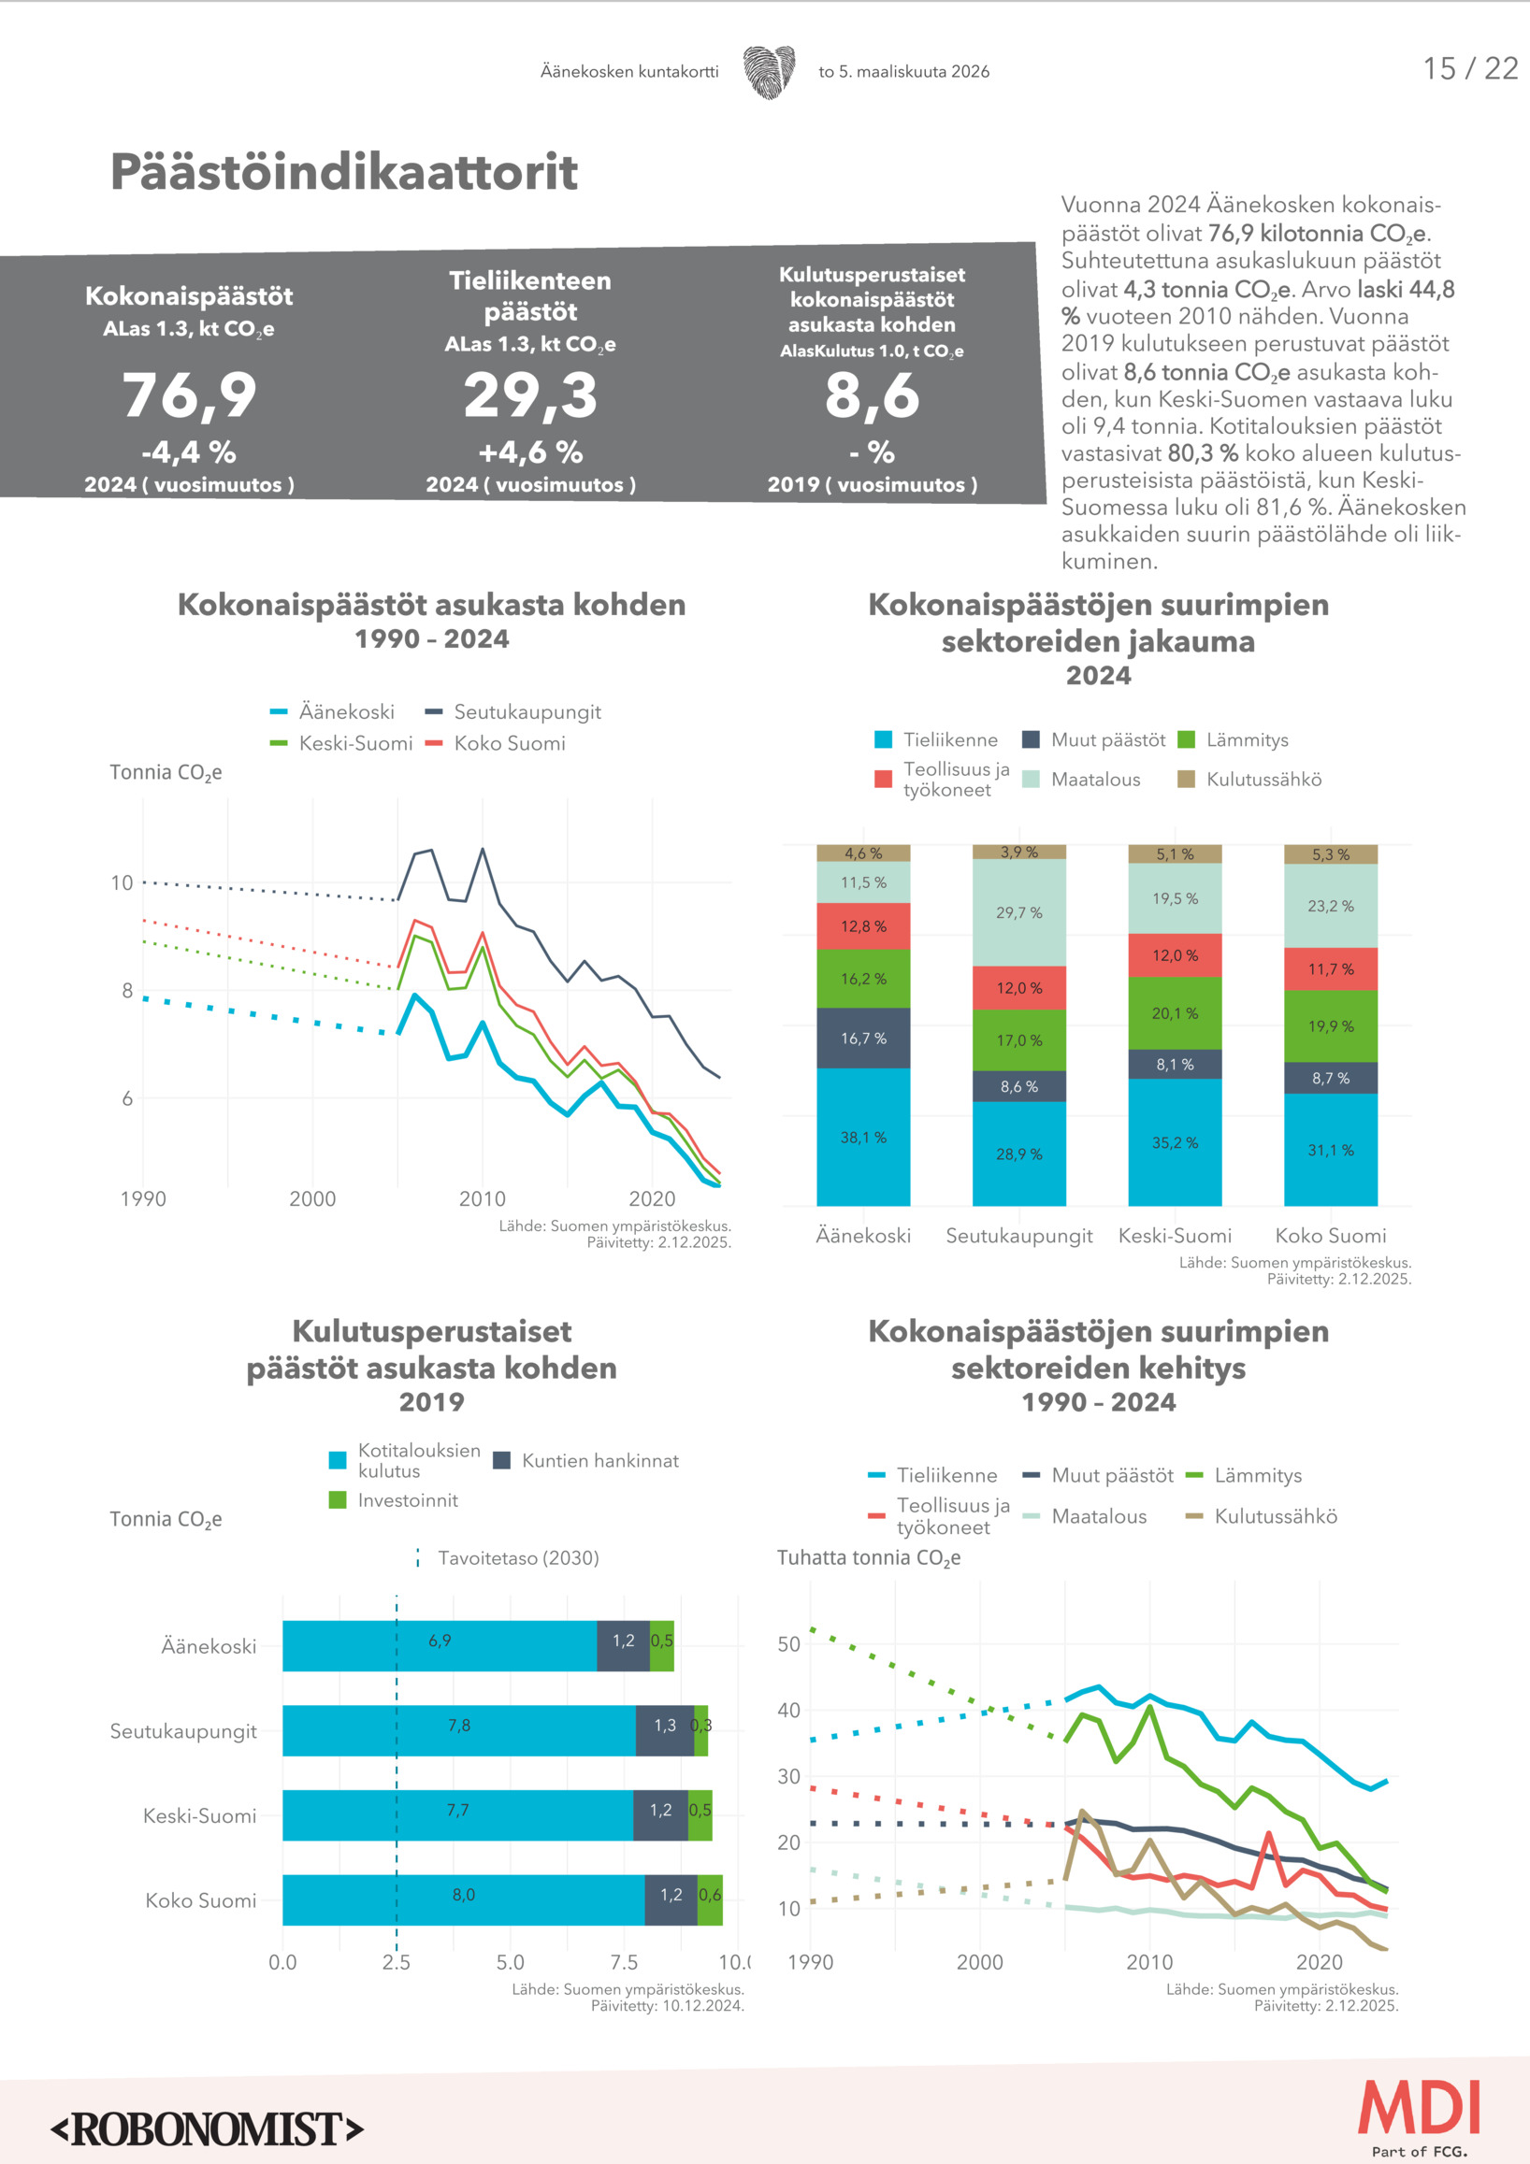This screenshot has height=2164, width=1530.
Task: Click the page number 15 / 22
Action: click(x=1468, y=69)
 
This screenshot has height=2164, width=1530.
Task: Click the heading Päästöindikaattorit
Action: click(x=344, y=173)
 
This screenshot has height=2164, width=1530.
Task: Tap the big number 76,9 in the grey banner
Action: click(x=190, y=394)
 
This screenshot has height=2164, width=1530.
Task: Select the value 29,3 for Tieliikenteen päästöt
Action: click(x=530, y=394)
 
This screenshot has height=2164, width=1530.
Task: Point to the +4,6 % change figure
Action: click(x=530, y=453)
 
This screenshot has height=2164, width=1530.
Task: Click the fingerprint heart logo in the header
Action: click(x=769, y=72)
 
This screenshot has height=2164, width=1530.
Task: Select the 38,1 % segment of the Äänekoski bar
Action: click(x=863, y=1138)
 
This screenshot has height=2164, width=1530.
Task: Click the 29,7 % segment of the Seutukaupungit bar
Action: click(x=1019, y=912)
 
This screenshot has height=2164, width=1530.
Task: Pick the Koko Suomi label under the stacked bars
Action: click(x=1330, y=1236)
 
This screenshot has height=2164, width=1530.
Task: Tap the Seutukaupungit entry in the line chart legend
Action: click(x=526, y=712)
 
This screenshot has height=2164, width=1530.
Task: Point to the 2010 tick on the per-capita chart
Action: click(x=482, y=1199)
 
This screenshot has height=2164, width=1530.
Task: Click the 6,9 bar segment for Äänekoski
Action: click(x=440, y=1641)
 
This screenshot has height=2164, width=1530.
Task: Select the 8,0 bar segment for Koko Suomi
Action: click(x=463, y=1895)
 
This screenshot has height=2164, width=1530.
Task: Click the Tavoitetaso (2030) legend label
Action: click(x=517, y=1558)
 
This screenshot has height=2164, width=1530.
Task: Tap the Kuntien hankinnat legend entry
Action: click(x=599, y=1461)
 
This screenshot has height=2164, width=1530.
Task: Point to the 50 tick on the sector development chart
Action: click(x=788, y=1644)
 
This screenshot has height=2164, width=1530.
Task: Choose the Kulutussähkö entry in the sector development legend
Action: click(x=1275, y=1516)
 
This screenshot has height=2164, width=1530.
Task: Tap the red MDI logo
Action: click(x=1419, y=2108)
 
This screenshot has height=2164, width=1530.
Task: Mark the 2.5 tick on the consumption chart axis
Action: click(x=396, y=1962)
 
